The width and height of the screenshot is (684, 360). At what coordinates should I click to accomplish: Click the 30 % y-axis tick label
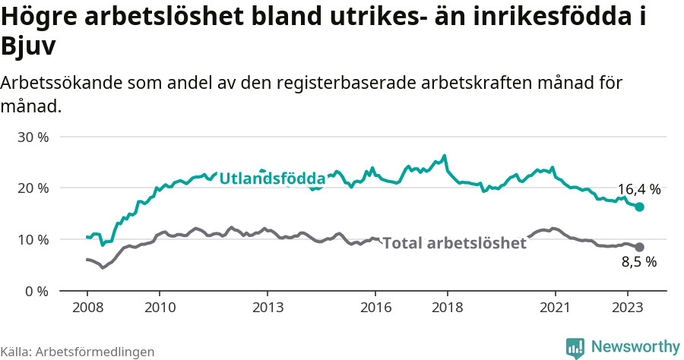pos(33,137)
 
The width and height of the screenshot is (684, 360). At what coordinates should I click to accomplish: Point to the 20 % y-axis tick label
pos(33,188)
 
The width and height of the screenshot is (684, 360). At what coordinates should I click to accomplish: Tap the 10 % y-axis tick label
pos(33,240)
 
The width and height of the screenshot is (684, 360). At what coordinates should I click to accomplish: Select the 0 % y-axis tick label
pos(36,292)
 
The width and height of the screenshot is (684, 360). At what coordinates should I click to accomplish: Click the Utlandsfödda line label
pos(272,178)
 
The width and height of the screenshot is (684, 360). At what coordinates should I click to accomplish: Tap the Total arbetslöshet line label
pos(454,243)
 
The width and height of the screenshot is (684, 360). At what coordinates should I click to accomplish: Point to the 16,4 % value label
pos(638,190)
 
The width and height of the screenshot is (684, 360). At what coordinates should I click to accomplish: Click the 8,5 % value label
pos(638,263)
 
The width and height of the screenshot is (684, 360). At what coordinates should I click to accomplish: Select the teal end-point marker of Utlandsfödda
pos(639,207)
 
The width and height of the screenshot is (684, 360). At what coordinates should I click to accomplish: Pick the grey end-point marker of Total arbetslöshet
pos(639,247)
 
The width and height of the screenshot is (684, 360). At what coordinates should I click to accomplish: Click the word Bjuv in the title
pos(29,47)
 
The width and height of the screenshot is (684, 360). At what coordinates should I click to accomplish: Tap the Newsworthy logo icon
pos(575,347)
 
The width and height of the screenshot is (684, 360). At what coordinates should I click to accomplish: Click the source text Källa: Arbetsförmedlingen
pos(78,352)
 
